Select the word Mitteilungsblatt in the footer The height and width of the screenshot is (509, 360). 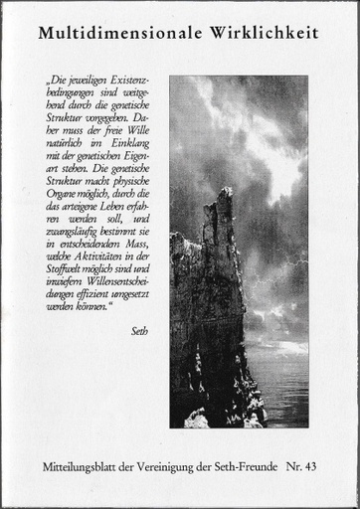[x=79, y=464]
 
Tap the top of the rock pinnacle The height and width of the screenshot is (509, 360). [x=227, y=191]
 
